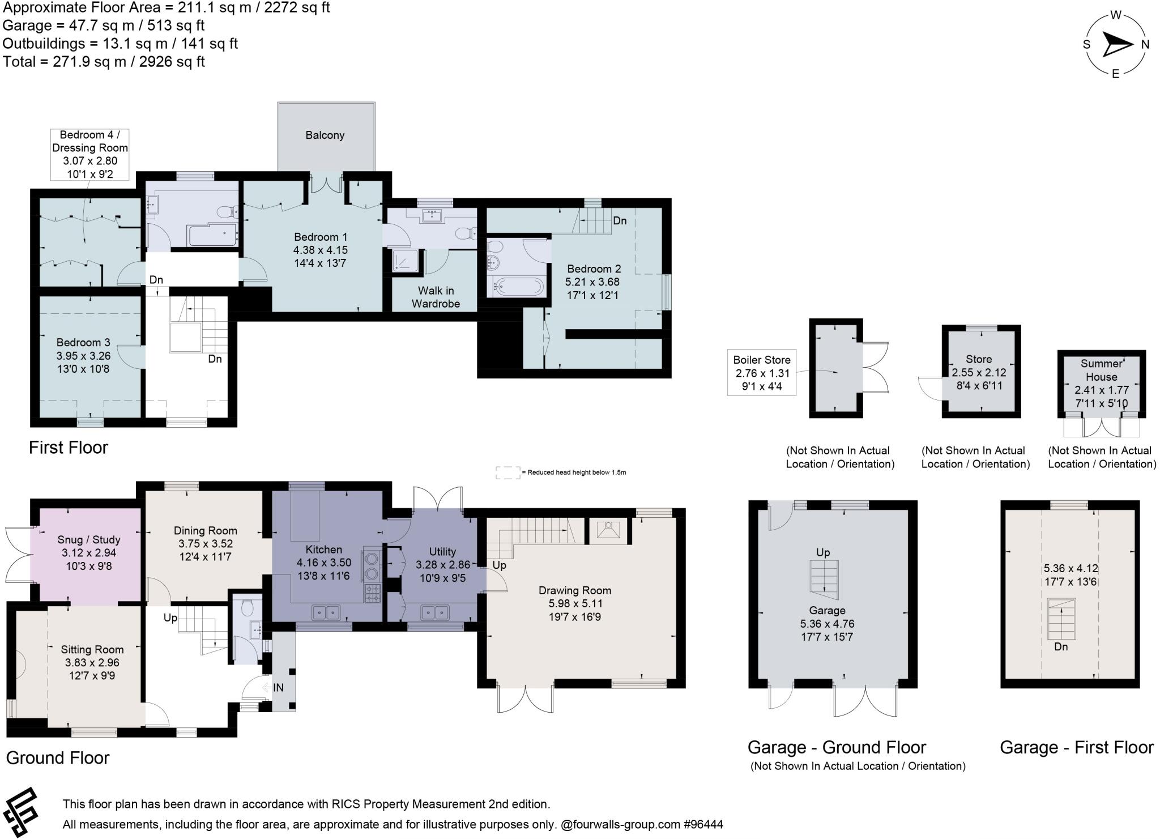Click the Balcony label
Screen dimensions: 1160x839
tap(325, 135)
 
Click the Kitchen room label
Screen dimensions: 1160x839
tap(323, 550)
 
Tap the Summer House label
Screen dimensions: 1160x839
tap(1101, 370)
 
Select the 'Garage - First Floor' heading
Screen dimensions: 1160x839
tap(1076, 748)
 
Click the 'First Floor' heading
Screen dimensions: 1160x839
tap(69, 448)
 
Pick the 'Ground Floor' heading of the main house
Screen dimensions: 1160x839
tap(58, 758)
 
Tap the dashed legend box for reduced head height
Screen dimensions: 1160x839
tap(507, 472)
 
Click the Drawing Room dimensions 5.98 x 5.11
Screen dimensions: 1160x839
tap(574, 604)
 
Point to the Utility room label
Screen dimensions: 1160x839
tap(442, 552)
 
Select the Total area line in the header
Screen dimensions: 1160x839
tap(104, 61)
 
